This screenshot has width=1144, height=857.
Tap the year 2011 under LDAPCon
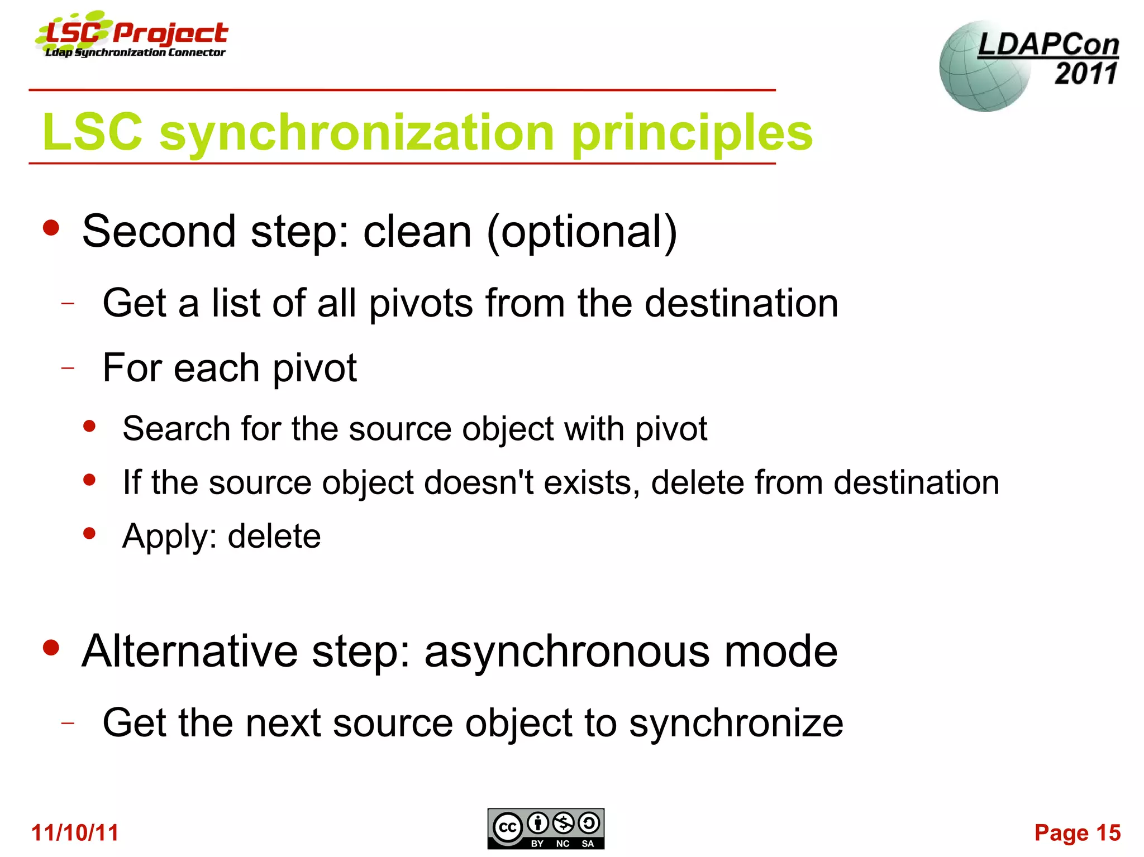pos(1085,73)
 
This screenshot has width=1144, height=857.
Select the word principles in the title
pos(692,133)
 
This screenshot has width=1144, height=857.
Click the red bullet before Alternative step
pos(51,648)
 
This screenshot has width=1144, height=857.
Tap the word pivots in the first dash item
pos(421,304)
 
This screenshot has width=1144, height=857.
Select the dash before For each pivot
pos(68,368)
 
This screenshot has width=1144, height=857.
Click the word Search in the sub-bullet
pos(176,429)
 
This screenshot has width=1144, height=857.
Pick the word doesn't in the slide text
pos(479,482)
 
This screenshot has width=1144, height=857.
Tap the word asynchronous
pos(566,652)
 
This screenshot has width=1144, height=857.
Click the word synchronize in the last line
pos(736,724)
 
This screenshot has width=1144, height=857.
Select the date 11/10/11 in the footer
pos(75,832)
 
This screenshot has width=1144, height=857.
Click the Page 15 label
pos(1077,832)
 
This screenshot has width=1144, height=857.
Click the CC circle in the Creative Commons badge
pos(507,827)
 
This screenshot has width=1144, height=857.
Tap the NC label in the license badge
pos(563,844)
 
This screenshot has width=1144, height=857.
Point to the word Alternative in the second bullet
pos(189,652)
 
